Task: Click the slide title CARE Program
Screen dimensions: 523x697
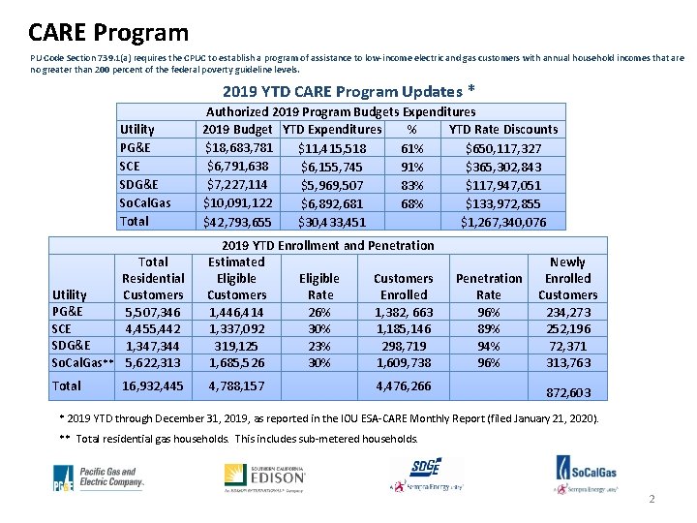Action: point(108,32)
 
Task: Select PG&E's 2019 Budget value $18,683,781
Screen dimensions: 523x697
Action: point(239,147)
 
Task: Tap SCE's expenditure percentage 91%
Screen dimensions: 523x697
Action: point(411,167)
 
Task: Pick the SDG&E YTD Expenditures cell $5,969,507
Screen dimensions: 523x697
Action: point(332,185)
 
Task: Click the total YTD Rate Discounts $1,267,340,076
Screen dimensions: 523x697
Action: point(503,222)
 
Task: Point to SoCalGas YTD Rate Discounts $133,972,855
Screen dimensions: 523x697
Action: point(503,203)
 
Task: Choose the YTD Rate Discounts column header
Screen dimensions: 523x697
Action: point(503,129)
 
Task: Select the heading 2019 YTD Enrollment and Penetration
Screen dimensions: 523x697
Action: point(328,245)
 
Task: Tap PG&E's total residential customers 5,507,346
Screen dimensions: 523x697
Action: point(153,312)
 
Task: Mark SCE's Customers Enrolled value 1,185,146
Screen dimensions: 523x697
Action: point(404,328)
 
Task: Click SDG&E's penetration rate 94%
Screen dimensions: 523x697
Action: point(489,346)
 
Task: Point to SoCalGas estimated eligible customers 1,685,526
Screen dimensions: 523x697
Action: point(236,362)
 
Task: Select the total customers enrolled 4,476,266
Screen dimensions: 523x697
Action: point(404,385)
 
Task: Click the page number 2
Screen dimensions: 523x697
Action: point(652,500)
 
